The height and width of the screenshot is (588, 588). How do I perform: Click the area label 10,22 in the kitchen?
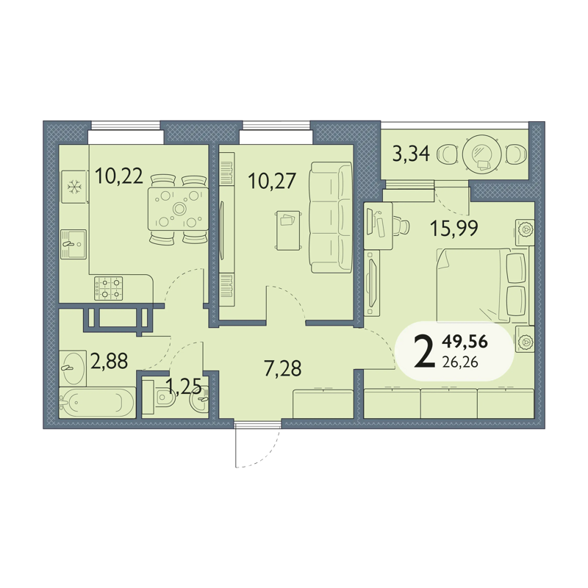pos(119,176)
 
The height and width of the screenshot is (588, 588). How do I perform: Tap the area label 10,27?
pos(272,181)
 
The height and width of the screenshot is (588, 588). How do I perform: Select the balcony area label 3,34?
pos(411,154)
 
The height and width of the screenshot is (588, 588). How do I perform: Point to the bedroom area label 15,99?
pos(454,228)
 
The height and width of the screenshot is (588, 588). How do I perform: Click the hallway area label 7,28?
pos(283,368)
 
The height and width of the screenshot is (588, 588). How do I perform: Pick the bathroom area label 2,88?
pos(110,361)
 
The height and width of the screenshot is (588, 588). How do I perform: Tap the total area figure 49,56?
pos(465,342)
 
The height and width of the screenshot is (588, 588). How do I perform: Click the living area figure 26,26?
pos(460,362)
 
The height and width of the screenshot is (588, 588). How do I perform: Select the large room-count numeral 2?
pos(425,352)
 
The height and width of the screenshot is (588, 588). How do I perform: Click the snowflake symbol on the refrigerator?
pos(74,187)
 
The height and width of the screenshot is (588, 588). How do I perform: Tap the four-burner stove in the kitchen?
pos(108,288)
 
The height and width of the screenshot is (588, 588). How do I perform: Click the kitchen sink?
pos(73,244)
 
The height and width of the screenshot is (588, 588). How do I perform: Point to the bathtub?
pos(97,402)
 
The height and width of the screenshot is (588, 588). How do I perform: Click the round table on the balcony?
pos(482,154)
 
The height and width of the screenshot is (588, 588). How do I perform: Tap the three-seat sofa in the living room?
pos(330,217)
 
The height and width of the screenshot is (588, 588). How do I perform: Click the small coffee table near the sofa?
pos(288,230)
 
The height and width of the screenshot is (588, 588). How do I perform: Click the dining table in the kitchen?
pos(178,209)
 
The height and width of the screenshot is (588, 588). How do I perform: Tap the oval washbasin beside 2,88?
pos(72,368)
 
